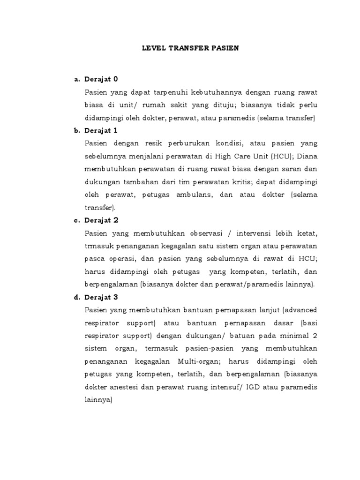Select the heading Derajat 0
pyautogui.click(x=102, y=79)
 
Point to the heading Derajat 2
pyautogui.click(x=102, y=220)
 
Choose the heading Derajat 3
pyautogui.click(x=102, y=297)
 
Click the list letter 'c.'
pyautogui.click(x=77, y=220)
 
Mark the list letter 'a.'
pyautogui.click(x=77, y=79)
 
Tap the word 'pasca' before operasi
pyautogui.click(x=95, y=259)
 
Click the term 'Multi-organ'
pyautogui.click(x=222, y=361)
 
